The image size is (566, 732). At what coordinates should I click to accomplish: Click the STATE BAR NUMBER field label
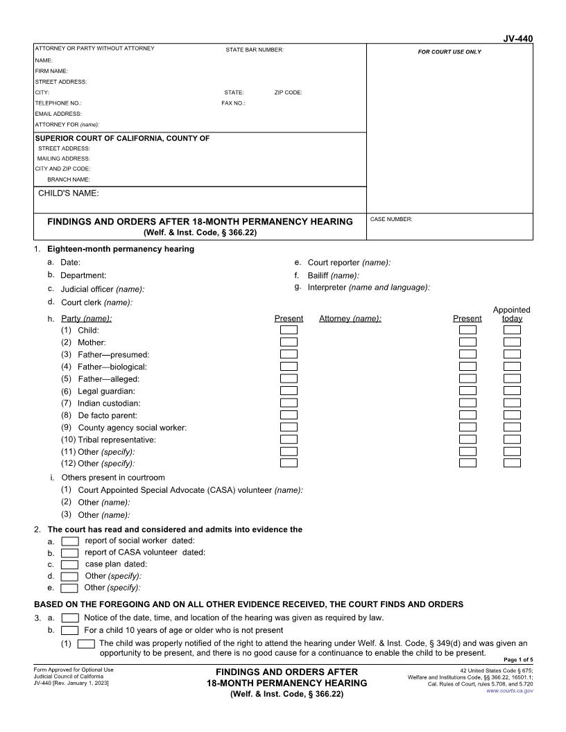tap(255, 50)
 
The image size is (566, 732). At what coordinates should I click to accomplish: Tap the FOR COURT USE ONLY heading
tap(449, 52)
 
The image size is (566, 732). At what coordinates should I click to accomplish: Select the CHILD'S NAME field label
tap(69, 193)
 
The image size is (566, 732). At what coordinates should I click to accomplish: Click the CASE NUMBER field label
tap(391, 219)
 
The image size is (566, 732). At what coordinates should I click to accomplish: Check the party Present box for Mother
tap(289, 342)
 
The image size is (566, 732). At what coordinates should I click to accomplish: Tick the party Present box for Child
tap(289, 330)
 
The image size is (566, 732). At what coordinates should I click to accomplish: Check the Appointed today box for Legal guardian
tap(512, 391)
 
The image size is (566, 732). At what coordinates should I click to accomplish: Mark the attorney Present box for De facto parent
tap(468, 415)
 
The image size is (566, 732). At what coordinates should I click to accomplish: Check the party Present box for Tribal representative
tap(289, 439)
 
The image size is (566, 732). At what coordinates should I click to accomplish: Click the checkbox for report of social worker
tap(70, 541)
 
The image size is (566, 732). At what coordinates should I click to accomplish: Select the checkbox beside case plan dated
tap(70, 564)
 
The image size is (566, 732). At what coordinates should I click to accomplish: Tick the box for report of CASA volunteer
tap(70, 552)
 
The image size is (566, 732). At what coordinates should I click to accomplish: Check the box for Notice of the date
tap(70, 618)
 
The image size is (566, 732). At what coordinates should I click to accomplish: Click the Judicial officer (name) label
tap(103, 289)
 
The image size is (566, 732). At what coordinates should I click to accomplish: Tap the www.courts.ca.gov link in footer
tap(510, 691)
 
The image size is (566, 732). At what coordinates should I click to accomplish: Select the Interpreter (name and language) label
tap(368, 287)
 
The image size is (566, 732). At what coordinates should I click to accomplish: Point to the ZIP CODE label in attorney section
tap(288, 92)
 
